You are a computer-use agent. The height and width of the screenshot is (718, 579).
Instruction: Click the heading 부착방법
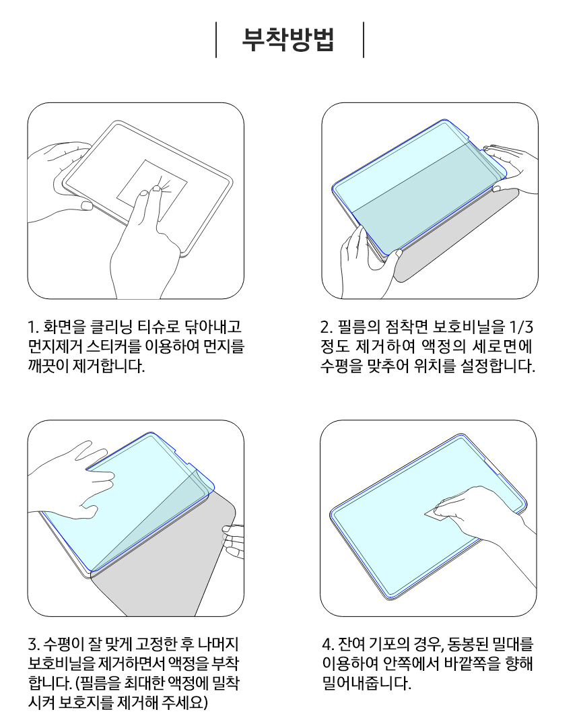[x=288, y=40]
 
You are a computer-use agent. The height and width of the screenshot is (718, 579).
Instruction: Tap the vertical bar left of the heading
[x=216, y=40]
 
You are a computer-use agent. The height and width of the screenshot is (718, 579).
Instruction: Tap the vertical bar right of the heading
[x=364, y=40]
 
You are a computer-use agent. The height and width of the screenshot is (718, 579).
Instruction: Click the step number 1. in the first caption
[x=33, y=327]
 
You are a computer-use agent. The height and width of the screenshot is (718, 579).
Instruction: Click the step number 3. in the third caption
[x=34, y=645]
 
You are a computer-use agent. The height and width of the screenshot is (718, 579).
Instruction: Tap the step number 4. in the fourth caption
[x=328, y=645]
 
